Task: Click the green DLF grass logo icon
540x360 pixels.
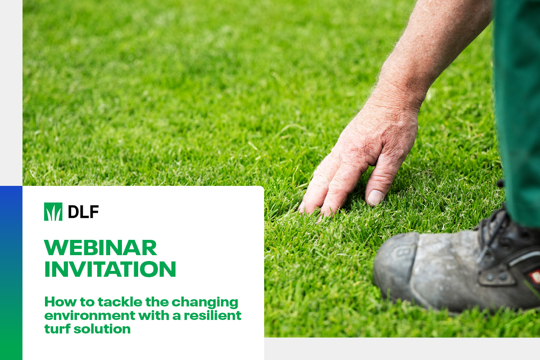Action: point(53,211)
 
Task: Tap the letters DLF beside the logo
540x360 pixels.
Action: point(83,211)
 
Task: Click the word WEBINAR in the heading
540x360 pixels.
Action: point(100,247)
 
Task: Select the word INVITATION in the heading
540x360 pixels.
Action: point(110,269)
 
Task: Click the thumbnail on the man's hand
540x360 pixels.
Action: point(375,197)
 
